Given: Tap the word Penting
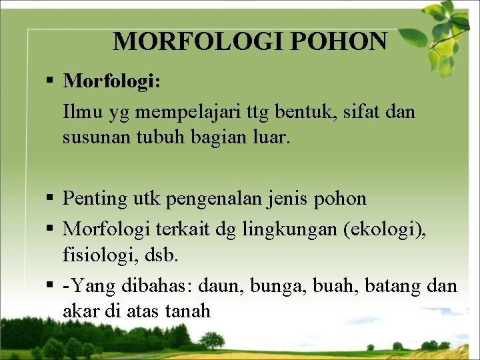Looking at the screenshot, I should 95,199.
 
